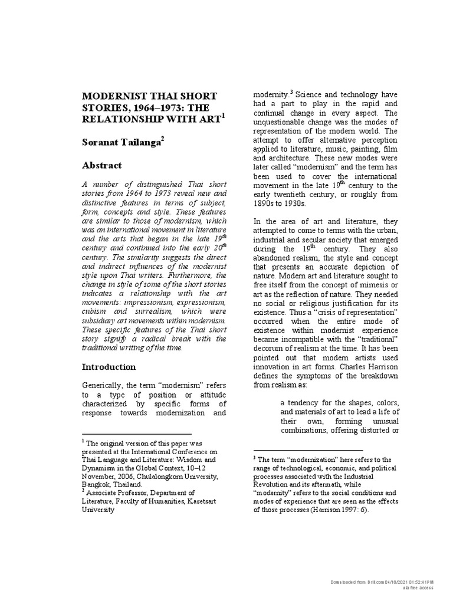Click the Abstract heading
[x=101, y=165]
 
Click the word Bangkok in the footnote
[x=95, y=484]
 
